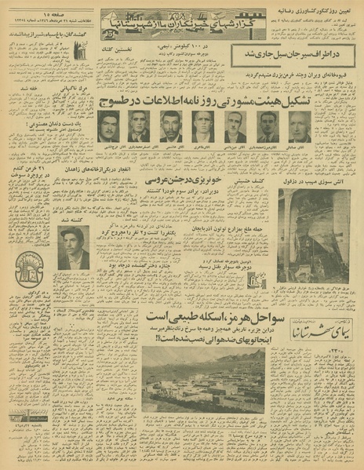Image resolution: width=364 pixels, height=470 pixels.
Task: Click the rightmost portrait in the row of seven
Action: (300, 126)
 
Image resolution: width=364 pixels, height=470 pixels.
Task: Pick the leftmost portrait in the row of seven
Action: (108, 126)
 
